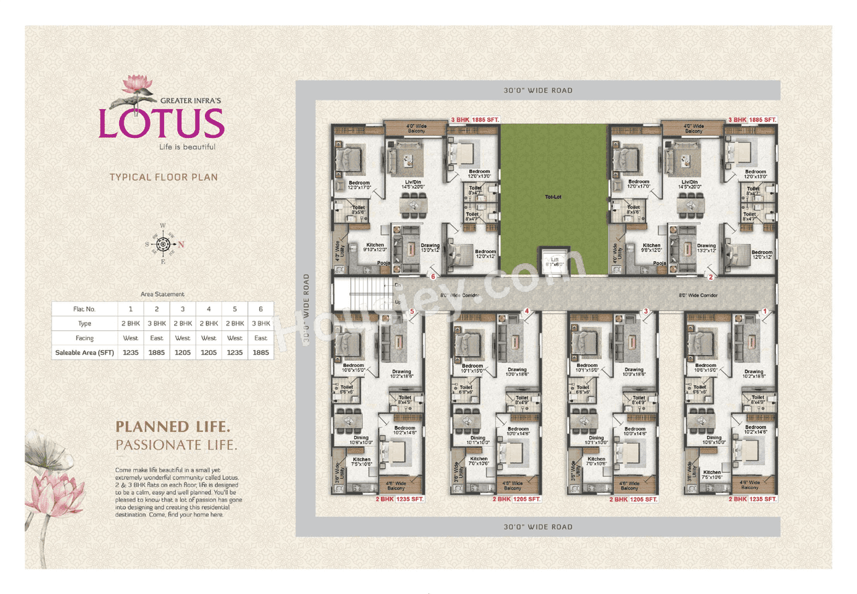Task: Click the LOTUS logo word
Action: (x=161, y=123)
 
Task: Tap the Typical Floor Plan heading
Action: (x=163, y=177)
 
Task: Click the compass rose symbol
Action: (x=163, y=244)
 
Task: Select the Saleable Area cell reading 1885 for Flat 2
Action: (x=157, y=352)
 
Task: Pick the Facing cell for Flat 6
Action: (x=260, y=338)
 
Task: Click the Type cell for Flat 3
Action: (x=183, y=323)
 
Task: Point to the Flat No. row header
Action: (x=84, y=309)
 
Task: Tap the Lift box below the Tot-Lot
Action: (x=553, y=261)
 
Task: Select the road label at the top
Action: (x=538, y=90)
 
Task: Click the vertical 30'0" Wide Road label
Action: (x=306, y=309)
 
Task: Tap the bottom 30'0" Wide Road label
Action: (x=538, y=527)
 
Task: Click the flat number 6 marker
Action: (x=433, y=276)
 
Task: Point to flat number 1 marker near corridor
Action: (x=765, y=311)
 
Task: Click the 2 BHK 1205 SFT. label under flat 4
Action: (x=516, y=499)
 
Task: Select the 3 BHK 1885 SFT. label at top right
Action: (x=752, y=119)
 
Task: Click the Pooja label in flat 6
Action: (x=384, y=263)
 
